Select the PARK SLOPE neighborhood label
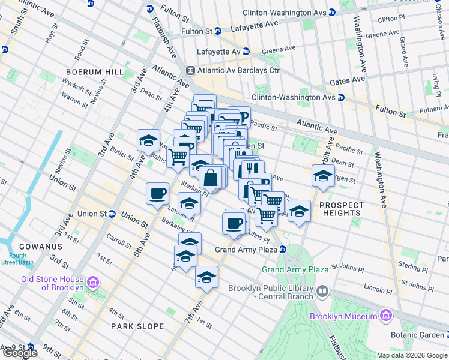click(137, 326)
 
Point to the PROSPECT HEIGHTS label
click(341, 209)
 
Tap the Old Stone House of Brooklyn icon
click(92, 282)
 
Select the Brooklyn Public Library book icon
click(323, 292)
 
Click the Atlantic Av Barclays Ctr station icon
click(191, 70)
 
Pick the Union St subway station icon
click(112, 214)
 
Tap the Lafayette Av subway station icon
click(246, 52)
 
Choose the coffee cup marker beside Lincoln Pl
click(158, 193)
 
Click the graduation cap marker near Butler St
click(148, 140)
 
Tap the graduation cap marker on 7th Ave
click(206, 277)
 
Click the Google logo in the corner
click(20, 353)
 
